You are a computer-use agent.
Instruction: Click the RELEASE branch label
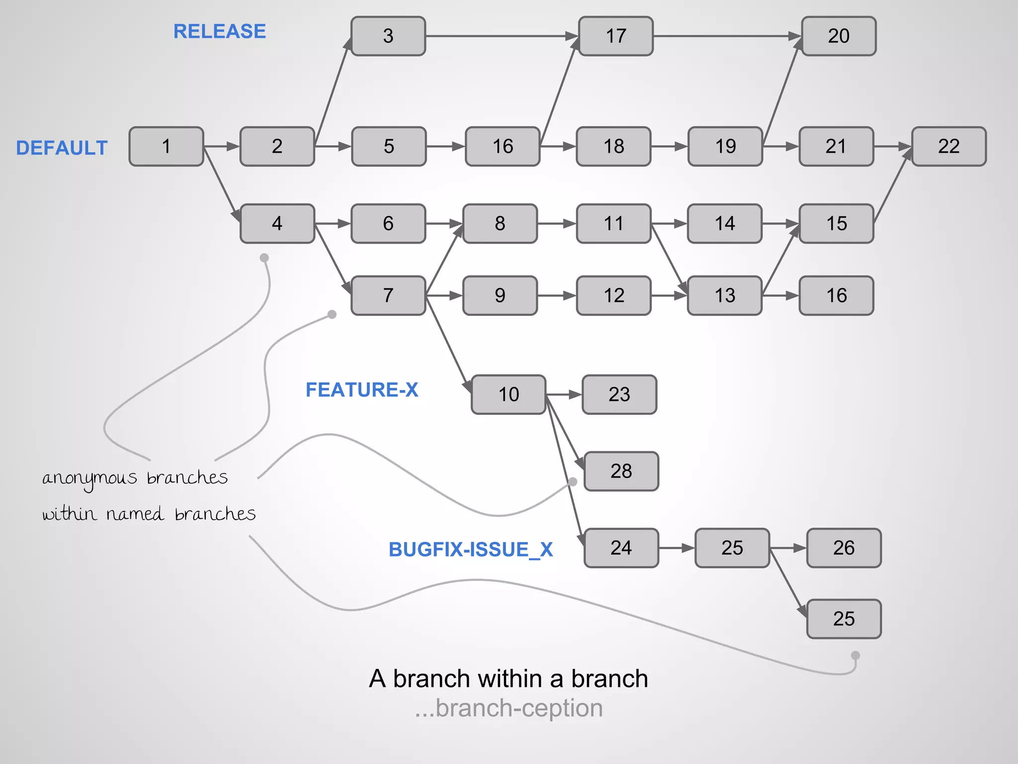click(x=219, y=31)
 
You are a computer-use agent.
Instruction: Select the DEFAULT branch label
click(x=62, y=148)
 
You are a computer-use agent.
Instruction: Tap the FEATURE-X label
click(x=361, y=389)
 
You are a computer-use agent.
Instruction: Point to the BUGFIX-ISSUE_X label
click(x=470, y=549)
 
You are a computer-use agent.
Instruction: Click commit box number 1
click(x=166, y=146)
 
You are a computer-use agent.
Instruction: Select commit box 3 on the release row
click(x=388, y=36)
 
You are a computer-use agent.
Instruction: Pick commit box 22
click(x=948, y=146)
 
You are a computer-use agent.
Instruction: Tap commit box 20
click(x=839, y=36)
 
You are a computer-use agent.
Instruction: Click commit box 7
click(x=388, y=295)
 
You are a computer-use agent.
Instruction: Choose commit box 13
click(x=724, y=295)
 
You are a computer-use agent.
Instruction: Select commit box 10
click(x=509, y=394)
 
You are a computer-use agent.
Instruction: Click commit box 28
click(x=621, y=471)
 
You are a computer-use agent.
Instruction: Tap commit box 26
click(x=844, y=548)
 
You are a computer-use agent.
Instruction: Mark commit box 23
click(x=619, y=394)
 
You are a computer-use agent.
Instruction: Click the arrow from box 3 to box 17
click(x=502, y=36)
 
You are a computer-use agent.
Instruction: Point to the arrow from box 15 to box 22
click(x=893, y=186)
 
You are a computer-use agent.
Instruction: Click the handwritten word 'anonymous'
click(x=89, y=478)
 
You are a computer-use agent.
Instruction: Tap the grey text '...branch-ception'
click(x=509, y=708)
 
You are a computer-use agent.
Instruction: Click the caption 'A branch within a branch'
click(x=509, y=678)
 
